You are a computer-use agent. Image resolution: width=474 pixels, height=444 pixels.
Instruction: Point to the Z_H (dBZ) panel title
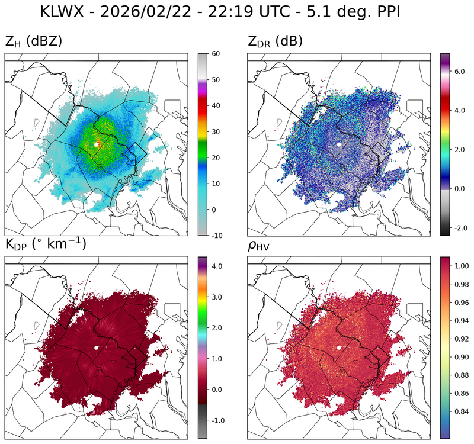(x=34, y=41)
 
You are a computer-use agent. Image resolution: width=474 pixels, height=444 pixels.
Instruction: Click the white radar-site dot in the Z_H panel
(x=96, y=144)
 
